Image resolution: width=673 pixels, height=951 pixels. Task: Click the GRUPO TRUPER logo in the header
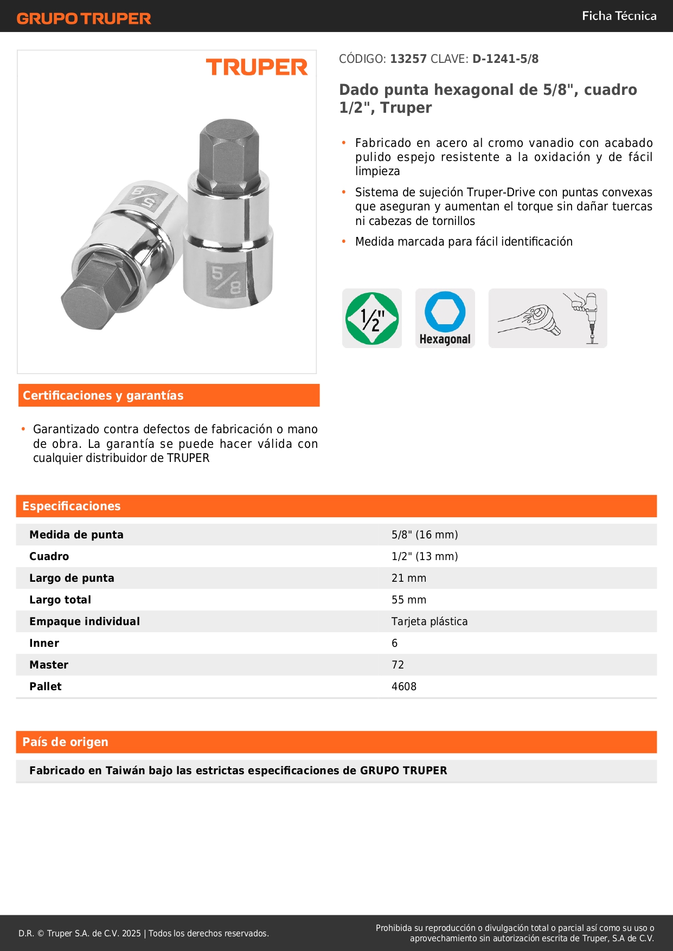click(84, 18)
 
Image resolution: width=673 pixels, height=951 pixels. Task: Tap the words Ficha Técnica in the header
click(619, 16)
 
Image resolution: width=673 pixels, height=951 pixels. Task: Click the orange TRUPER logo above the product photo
click(257, 67)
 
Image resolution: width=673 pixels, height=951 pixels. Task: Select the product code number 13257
click(408, 59)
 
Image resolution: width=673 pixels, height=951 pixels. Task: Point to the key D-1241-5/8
click(505, 59)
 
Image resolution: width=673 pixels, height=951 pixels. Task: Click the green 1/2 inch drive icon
click(371, 318)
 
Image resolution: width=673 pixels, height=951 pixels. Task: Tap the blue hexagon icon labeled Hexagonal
click(445, 318)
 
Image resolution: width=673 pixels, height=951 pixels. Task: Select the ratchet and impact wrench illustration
click(547, 318)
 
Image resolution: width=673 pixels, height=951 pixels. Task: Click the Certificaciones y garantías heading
click(103, 395)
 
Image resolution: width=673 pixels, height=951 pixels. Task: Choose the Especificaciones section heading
click(72, 506)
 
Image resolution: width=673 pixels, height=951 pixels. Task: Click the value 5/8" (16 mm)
click(425, 535)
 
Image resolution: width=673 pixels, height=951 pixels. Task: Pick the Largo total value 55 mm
click(408, 600)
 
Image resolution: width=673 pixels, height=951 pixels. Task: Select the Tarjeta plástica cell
click(429, 621)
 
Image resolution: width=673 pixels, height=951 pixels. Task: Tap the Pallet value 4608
click(403, 686)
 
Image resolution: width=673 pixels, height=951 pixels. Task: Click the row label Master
click(49, 665)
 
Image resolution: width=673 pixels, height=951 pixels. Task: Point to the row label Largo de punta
click(72, 578)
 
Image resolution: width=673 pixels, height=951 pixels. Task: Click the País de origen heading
click(65, 742)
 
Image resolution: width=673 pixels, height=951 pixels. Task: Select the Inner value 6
click(394, 643)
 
